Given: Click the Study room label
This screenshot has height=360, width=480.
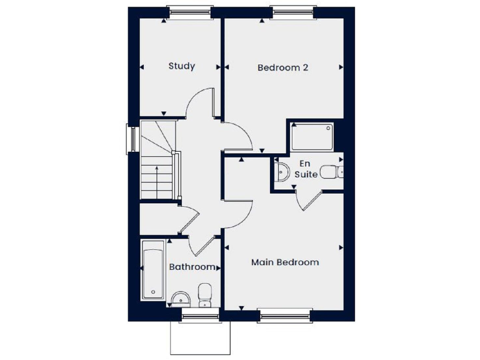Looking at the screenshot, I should pyautogui.click(x=182, y=66).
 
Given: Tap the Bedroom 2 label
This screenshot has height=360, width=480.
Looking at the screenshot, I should pyautogui.click(x=283, y=67).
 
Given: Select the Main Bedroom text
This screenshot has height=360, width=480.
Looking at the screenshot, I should pyautogui.click(x=285, y=262).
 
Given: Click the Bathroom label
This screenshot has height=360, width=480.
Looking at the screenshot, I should pyautogui.click(x=192, y=267).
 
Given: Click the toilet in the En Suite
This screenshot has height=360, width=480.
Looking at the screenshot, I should pyautogui.click(x=330, y=172).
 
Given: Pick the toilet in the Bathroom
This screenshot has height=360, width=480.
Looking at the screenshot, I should pyautogui.click(x=205, y=295).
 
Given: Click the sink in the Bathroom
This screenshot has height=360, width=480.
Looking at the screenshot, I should pyautogui.click(x=180, y=298).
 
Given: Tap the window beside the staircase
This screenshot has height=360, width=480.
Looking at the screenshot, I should pyautogui.click(x=132, y=139).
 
